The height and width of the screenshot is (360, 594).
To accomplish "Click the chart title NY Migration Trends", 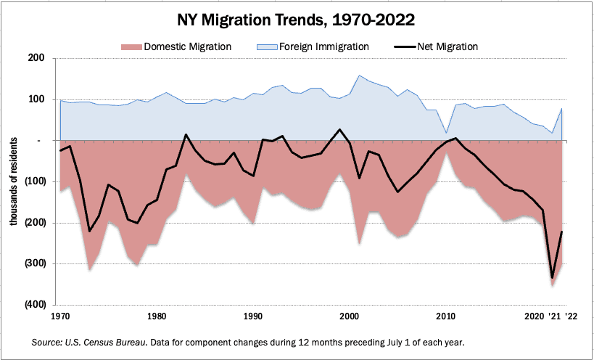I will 297,17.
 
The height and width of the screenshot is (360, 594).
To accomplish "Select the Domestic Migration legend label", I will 188,46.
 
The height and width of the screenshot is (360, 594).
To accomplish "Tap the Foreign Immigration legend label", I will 323,46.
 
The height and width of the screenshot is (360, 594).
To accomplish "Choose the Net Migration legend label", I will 447,46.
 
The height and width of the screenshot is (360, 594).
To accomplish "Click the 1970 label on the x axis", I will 60,317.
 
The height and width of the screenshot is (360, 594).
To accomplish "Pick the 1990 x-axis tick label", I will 253,317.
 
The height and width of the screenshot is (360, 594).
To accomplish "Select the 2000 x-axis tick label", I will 350,317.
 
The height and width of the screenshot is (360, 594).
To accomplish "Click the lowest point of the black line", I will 553,278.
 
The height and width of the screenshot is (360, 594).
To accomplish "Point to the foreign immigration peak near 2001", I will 359,75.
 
